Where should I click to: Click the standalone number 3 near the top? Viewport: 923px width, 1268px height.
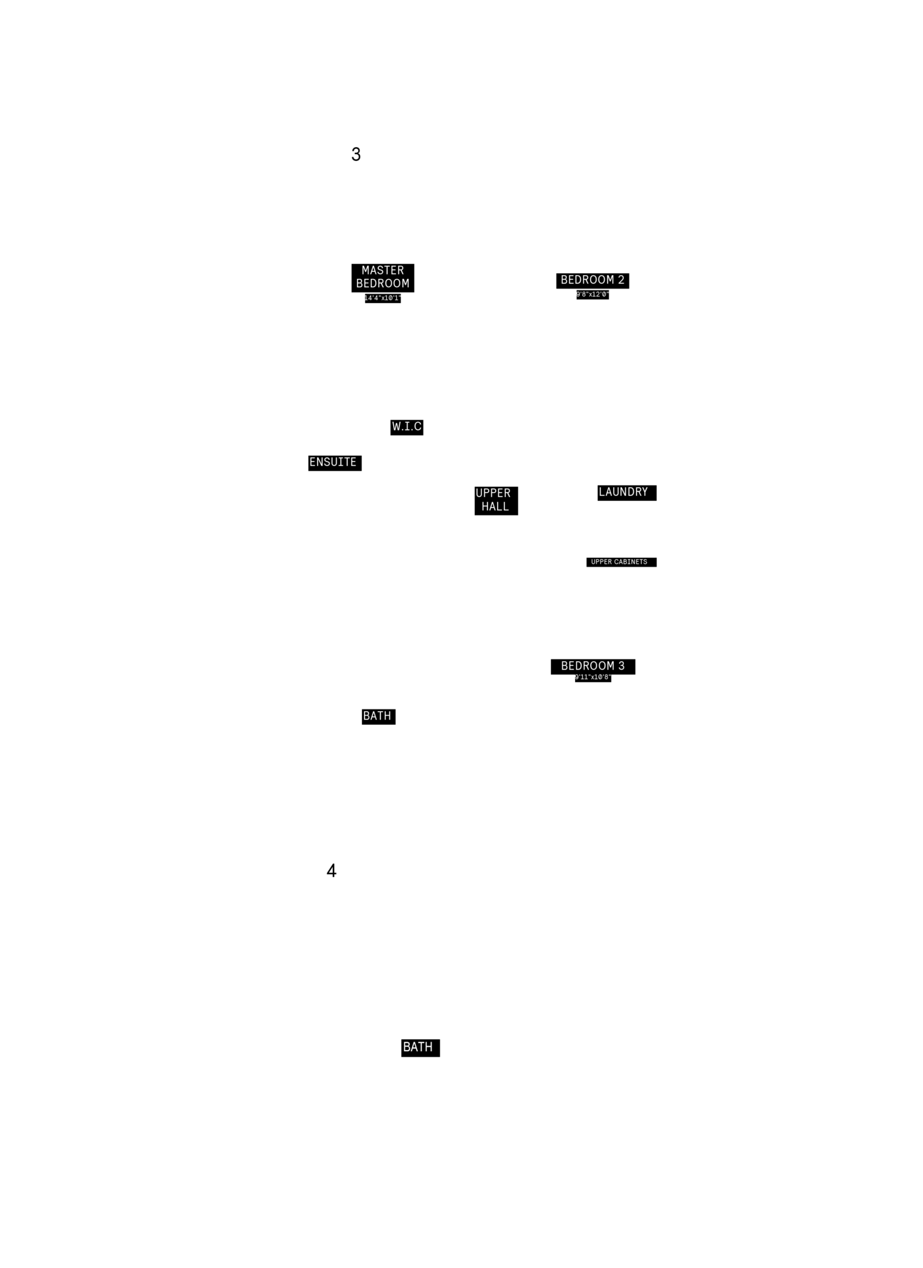click(356, 154)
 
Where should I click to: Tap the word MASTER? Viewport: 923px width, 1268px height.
click(383, 271)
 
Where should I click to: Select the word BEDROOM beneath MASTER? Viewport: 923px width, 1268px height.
click(383, 284)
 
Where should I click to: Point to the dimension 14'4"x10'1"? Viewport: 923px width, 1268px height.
click(383, 299)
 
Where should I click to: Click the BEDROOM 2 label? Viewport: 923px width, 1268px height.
click(593, 280)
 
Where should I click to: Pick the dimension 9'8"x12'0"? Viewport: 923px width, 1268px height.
click(593, 295)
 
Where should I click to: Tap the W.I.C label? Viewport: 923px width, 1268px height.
click(407, 427)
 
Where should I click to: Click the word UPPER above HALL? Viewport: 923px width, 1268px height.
click(493, 493)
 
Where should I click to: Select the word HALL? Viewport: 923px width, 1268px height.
click(495, 507)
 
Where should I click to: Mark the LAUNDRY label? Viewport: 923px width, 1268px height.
click(624, 493)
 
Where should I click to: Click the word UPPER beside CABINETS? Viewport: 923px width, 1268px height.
click(602, 562)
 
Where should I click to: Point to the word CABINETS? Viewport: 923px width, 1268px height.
click(631, 562)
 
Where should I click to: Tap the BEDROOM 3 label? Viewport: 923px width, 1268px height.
click(593, 666)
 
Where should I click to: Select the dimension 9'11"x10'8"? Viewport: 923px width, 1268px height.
click(593, 678)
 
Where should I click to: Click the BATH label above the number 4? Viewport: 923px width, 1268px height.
click(377, 716)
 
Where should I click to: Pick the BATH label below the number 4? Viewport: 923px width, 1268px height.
click(418, 1047)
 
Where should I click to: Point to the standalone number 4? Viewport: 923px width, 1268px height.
click(332, 870)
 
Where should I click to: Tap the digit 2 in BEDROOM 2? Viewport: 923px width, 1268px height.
click(621, 280)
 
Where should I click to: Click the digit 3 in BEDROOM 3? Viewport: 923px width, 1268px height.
click(621, 666)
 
